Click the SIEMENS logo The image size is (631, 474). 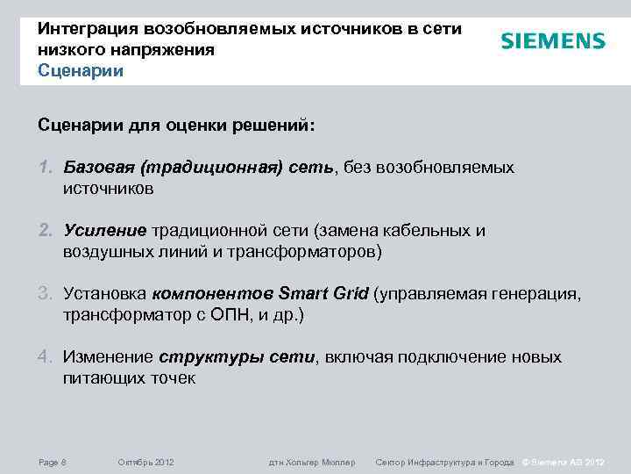point(553,41)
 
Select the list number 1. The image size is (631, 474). point(45,167)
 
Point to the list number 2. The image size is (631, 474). point(45,230)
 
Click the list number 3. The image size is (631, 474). point(45,293)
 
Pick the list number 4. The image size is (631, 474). point(45,357)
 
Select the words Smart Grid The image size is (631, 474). point(323,293)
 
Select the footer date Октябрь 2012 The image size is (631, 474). point(145,462)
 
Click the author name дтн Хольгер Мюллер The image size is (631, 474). point(312,462)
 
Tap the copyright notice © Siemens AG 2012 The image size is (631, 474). point(564,462)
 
